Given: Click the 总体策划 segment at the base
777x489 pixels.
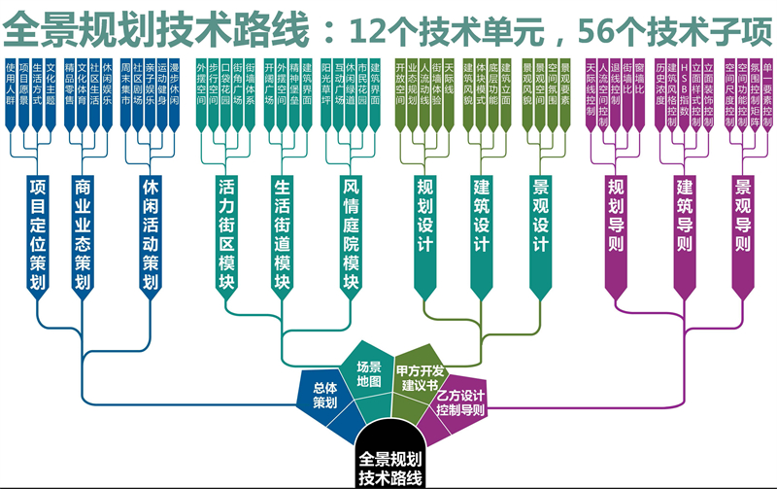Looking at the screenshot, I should [x=324, y=394].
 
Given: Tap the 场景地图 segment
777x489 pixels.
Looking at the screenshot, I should [x=368, y=367].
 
